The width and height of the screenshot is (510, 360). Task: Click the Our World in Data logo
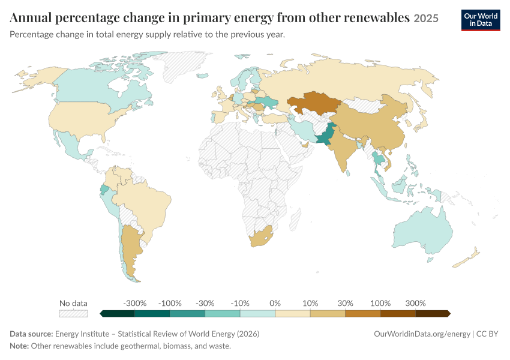(481, 20)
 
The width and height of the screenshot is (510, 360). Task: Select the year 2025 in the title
(426, 18)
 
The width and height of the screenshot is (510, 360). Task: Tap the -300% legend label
(134, 304)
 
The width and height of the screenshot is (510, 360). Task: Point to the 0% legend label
(275, 304)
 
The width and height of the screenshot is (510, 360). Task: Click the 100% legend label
(380, 304)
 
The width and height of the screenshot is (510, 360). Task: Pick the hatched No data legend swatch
(74, 313)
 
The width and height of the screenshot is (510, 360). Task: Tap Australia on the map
(423, 231)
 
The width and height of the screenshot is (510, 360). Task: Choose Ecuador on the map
(104, 190)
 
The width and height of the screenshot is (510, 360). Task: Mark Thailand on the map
(377, 160)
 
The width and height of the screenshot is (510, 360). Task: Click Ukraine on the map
(266, 102)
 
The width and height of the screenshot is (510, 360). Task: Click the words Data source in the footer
(31, 334)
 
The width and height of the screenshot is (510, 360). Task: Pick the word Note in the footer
(19, 346)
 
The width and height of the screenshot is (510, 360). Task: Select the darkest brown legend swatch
(433, 313)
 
